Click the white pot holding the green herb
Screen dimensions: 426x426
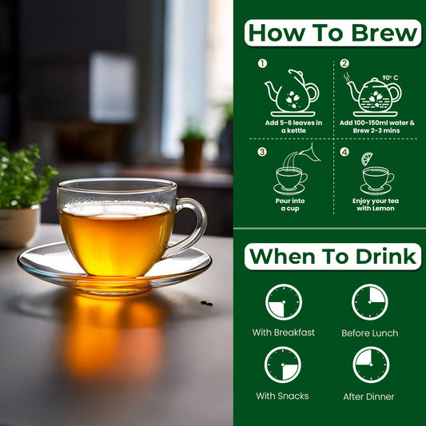[x=19, y=226]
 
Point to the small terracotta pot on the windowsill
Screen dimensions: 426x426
[x=193, y=153]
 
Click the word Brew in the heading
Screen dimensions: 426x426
[x=384, y=33]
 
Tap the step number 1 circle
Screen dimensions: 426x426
[x=262, y=64]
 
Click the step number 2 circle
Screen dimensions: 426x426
[x=344, y=64]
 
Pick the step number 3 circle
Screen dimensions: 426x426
[x=262, y=152]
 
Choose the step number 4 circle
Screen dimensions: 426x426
[x=344, y=152]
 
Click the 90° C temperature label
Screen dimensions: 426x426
[x=390, y=78]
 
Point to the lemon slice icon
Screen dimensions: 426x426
[x=367, y=159]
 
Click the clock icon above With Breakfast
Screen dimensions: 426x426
[x=284, y=302]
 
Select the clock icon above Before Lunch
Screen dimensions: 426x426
[x=370, y=302]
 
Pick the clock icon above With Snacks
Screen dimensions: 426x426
[x=283, y=364]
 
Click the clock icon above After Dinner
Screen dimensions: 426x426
[x=371, y=364]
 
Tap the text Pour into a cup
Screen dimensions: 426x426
[x=290, y=205]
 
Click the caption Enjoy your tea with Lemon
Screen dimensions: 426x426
[x=376, y=205]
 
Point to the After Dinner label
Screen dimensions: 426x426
[x=368, y=396]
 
